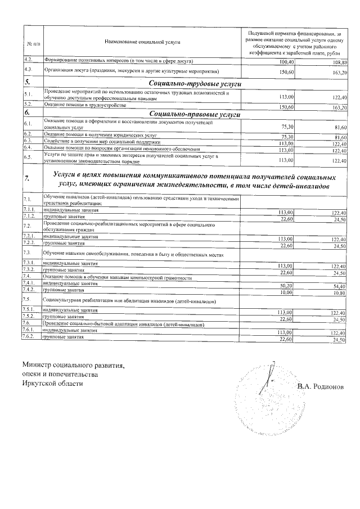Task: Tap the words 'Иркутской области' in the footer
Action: (52, 383)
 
